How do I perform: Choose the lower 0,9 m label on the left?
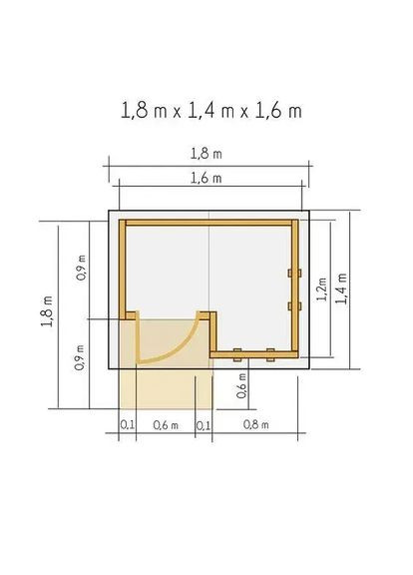80,357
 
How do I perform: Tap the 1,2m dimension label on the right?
321,289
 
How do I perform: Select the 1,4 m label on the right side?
342,289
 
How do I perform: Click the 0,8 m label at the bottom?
255,425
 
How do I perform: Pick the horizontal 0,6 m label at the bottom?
166,425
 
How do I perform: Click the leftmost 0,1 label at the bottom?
127,425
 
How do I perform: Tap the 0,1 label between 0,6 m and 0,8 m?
205,425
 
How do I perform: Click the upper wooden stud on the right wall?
291,272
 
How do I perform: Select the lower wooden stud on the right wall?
291,304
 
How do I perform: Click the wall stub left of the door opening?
128,315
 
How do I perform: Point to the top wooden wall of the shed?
207,221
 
